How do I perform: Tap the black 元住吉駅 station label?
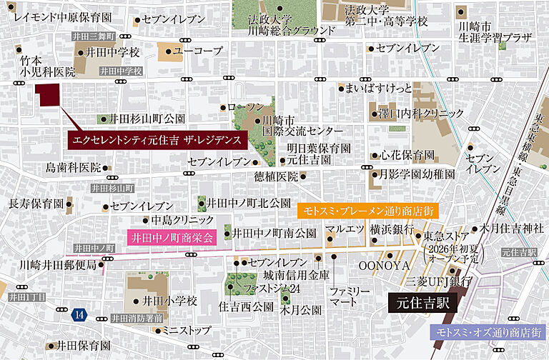click(423, 303)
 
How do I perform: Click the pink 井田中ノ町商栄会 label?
click(172, 238)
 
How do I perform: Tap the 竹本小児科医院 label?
click(46, 66)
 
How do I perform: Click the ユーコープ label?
click(198, 51)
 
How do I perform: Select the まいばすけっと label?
click(379, 89)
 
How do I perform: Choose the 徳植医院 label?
click(276, 176)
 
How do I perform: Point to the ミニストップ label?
click(186, 331)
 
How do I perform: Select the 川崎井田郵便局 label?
click(57, 265)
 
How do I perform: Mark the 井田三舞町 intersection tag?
click(92, 35)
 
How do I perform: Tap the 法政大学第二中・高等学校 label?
click(385, 16)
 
